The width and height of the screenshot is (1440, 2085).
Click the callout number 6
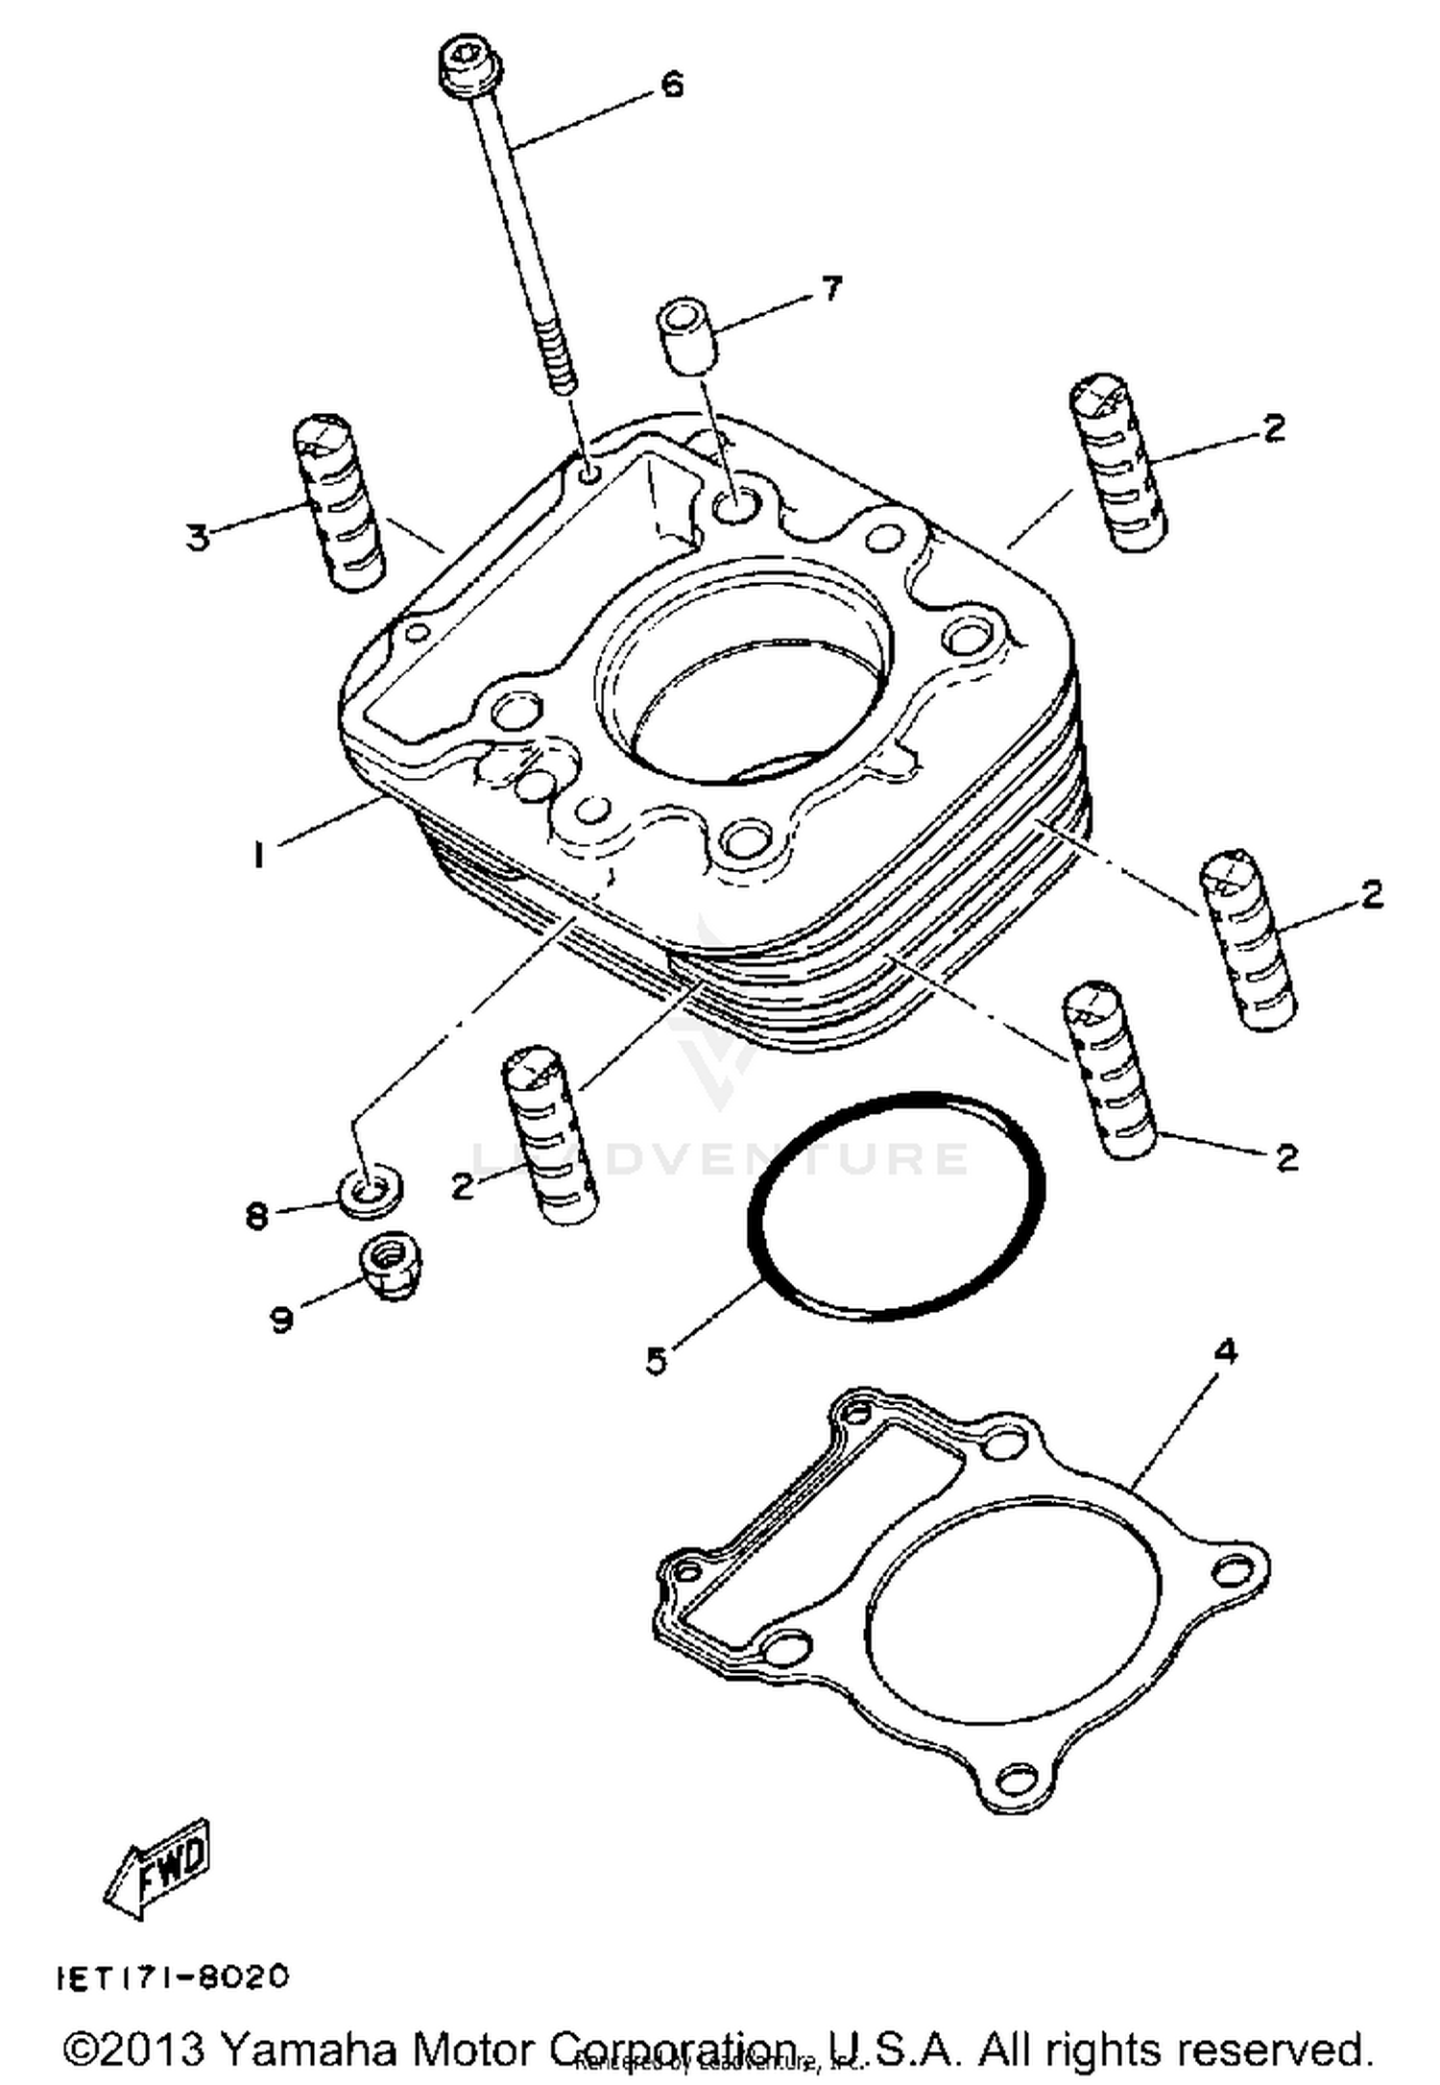coord(672,85)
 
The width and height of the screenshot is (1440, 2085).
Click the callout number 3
coord(197,538)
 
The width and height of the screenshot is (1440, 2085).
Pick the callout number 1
coord(257,854)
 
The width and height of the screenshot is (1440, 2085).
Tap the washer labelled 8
coord(369,1192)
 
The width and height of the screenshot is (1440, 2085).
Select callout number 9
coord(281,1321)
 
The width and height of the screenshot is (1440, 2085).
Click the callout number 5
coord(656,1360)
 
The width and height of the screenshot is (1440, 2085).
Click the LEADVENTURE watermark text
coord(720,1157)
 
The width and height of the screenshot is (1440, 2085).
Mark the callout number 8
coord(256,1217)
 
